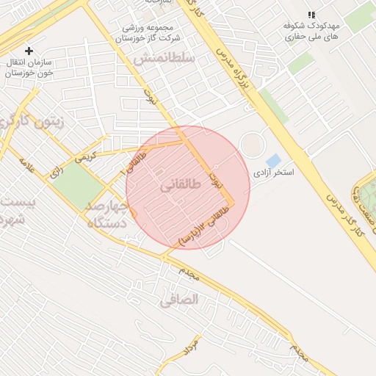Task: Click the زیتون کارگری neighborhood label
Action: [x=33, y=122]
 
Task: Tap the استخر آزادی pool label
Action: [x=273, y=174]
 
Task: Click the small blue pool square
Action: [x=273, y=160]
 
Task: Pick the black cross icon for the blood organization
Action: [x=29, y=51]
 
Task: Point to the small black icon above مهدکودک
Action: [x=311, y=15]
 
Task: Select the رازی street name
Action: [x=56, y=174]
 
